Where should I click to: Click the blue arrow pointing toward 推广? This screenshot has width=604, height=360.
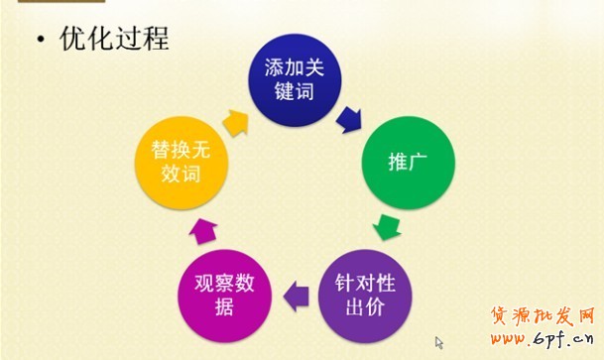click(x=348, y=121)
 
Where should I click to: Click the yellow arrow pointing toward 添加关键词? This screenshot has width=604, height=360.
click(x=236, y=122)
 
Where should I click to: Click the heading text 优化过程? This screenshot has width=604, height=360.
click(x=114, y=39)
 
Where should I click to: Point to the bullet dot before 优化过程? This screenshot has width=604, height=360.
click(x=41, y=41)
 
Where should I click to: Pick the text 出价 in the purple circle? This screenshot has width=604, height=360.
click(x=364, y=305)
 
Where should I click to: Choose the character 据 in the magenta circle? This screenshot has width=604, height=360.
click(x=222, y=306)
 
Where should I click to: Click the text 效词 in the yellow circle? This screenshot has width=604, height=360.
click(x=182, y=173)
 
